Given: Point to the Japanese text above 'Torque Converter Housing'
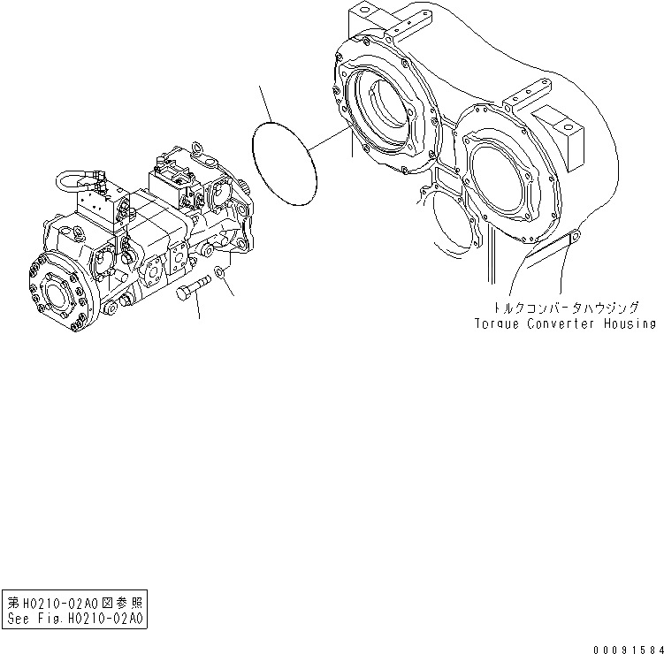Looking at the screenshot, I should (567, 308).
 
